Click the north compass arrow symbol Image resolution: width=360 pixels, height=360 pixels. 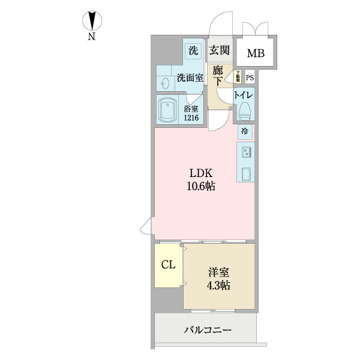coord(92,21)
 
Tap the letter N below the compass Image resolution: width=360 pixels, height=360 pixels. coord(92,37)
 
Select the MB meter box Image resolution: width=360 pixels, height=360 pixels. coord(255,53)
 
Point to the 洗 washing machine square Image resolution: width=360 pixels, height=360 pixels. coord(193,51)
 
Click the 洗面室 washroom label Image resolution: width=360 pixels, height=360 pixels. coord(189,78)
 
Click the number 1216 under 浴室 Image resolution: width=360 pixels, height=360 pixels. coord(191,118)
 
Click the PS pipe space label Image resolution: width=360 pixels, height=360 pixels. coord(249,76)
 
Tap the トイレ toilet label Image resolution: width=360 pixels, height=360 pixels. coord(244,95)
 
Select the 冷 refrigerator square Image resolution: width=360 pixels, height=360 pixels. coord(244,131)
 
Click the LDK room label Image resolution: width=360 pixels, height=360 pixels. coord(201,174)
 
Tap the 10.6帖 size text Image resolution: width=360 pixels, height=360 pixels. coord(201,187)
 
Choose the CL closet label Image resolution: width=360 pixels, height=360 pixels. coord(169,265)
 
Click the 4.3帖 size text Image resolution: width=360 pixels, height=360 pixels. coord(218,284)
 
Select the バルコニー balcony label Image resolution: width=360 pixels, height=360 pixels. coord(207,330)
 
